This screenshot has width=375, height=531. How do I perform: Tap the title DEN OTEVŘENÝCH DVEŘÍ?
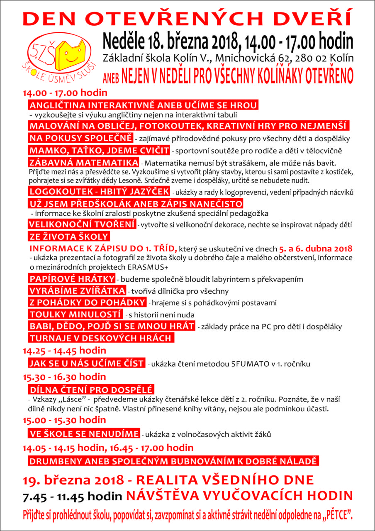187,18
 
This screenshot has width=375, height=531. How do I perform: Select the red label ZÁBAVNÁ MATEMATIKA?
83,162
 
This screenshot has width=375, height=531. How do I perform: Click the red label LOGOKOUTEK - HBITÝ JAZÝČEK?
99,191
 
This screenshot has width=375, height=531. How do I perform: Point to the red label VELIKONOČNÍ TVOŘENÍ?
82,224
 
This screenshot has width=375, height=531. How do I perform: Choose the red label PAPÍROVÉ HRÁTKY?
72,278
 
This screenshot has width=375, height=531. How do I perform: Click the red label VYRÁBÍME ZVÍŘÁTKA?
77,290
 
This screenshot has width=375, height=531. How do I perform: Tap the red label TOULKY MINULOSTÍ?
75,314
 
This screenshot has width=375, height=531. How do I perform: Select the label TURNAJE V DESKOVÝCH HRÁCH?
101,338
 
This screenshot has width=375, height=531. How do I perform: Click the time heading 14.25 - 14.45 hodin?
64,351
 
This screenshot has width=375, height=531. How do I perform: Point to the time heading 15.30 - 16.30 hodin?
64,377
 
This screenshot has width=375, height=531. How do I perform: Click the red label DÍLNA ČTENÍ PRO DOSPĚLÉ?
91,390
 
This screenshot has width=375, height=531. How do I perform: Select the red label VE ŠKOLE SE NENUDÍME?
83,434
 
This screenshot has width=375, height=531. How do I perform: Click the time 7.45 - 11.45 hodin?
72,496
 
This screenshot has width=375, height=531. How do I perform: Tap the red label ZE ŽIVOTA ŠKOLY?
69,237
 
